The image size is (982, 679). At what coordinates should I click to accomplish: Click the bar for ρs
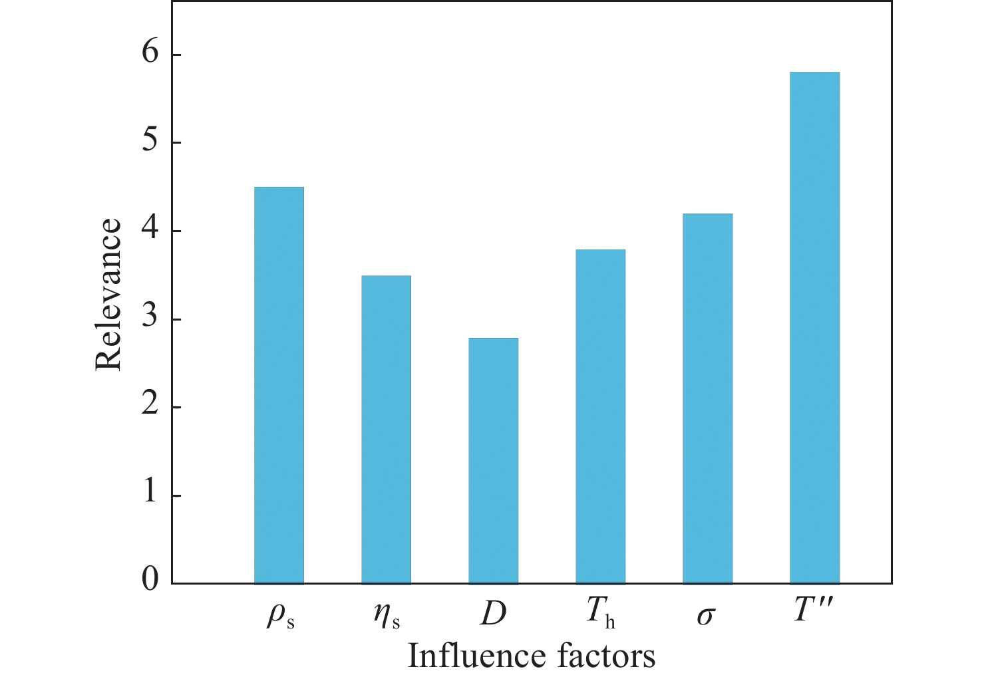coord(279,386)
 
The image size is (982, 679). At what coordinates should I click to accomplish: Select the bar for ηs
coord(386,430)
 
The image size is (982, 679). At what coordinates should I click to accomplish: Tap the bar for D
coord(493,461)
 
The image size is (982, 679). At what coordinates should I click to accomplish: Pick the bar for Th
coord(600,417)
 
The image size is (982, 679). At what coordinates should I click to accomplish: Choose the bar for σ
coord(707,399)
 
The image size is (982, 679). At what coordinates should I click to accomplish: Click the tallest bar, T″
coord(814,328)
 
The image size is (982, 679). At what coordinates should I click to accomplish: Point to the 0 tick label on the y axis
coord(150,580)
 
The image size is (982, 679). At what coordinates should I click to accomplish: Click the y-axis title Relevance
coord(108,294)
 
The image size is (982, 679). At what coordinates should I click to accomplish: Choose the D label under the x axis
coord(493,614)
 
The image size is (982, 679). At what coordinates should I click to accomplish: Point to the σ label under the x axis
coord(705,616)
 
